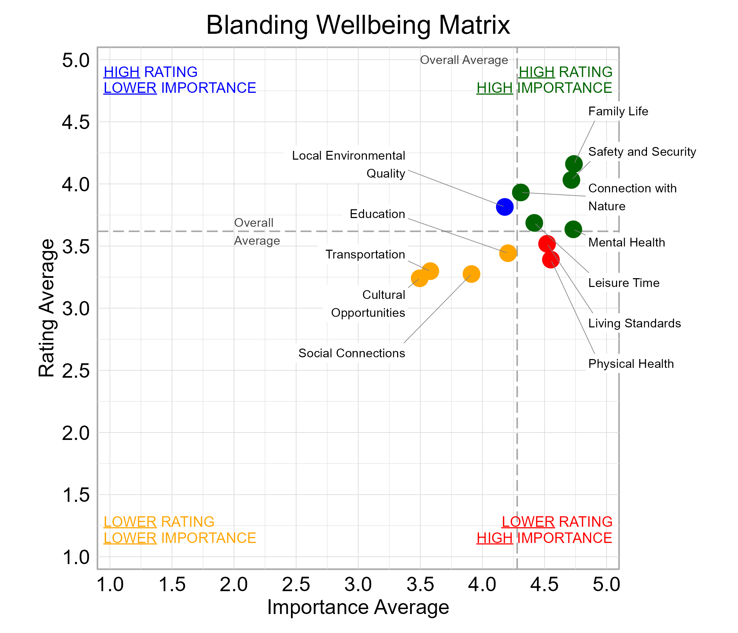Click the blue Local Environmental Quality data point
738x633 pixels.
click(504, 207)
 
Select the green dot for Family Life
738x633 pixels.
click(574, 164)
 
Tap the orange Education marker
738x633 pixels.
click(507, 253)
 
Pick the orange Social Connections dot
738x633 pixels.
click(471, 274)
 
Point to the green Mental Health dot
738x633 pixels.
click(573, 229)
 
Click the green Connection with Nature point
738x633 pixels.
click(520, 192)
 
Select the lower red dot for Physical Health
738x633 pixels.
click(551, 260)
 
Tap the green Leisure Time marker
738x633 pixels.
click(534, 223)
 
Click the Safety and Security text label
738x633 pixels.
click(642, 152)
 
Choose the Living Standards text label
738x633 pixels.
click(634, 323)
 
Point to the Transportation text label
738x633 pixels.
click(365, 255)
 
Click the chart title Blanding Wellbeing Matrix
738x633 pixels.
click(358, 25)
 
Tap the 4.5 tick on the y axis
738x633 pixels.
click(76, 122)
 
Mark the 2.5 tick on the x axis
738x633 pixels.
click(296, 585)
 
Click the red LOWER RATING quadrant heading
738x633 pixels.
click(557, 522)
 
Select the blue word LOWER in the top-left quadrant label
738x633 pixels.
click(130, 88)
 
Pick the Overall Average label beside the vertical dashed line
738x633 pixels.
click(464, 60)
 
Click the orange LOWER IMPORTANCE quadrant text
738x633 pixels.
click(180, 538)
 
